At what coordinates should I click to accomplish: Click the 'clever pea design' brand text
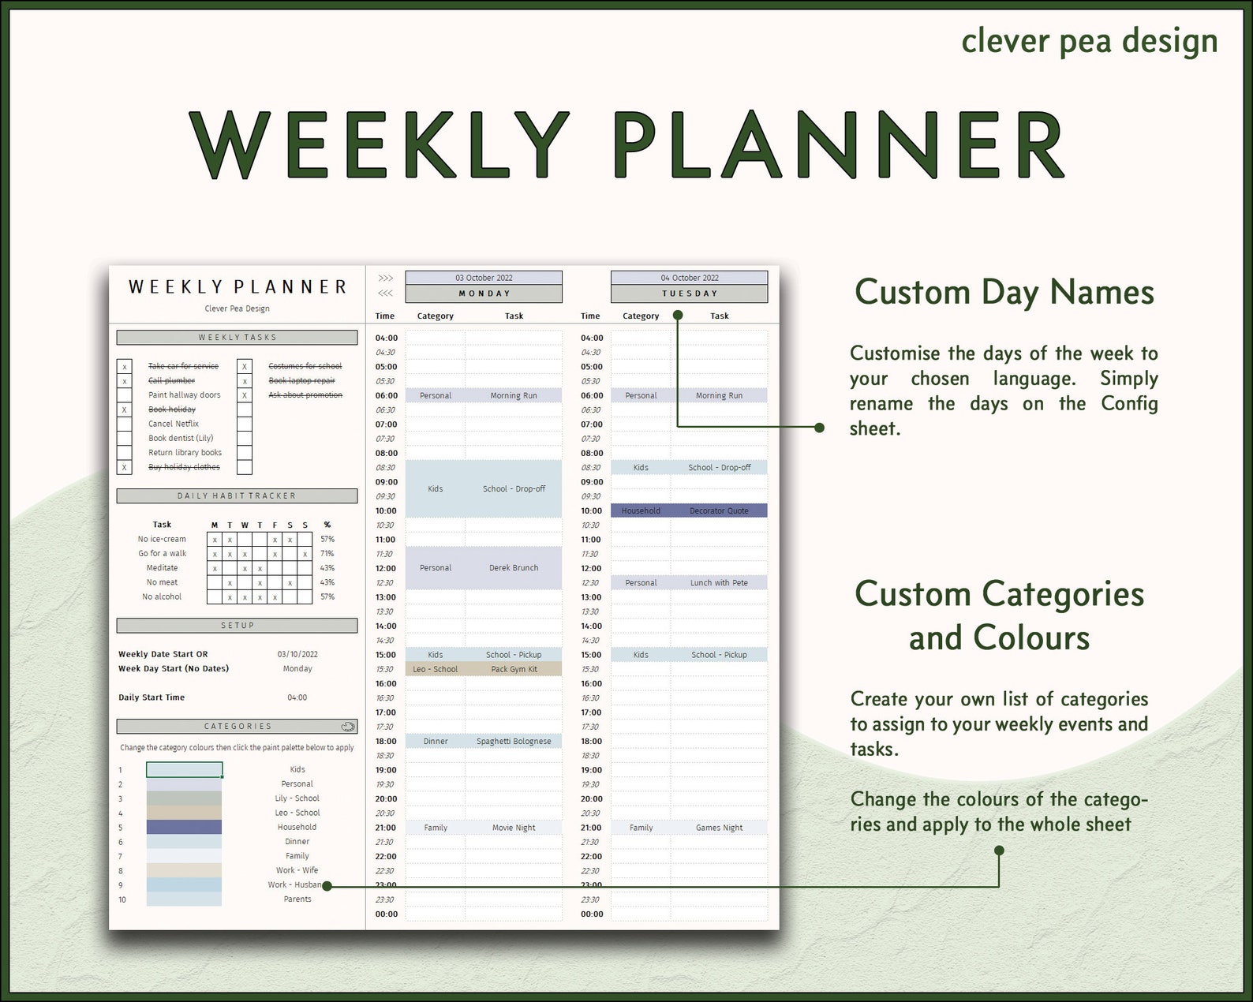1089,41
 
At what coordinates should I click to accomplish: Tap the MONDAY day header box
484,293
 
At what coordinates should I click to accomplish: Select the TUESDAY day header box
689,293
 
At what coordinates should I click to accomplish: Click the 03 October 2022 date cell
484,278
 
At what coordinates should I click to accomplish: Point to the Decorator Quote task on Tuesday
719,510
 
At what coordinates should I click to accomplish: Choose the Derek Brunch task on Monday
514,568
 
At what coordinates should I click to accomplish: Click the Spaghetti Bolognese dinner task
514,742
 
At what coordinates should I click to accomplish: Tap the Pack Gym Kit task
514,669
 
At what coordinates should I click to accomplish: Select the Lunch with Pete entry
719,583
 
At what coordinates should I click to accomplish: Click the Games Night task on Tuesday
719,828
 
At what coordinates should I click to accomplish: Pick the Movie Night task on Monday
514,828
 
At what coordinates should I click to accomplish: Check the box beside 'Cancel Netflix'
125,424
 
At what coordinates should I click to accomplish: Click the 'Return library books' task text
185,453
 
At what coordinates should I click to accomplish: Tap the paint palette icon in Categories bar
348,726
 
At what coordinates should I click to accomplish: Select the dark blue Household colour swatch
184,827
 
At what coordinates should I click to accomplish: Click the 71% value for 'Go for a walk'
327,554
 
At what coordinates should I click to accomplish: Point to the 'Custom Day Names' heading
1004,292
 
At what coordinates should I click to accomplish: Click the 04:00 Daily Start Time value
297,697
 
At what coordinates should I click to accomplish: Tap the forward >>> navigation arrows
385,279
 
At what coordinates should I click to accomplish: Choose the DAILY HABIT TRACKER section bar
237,496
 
